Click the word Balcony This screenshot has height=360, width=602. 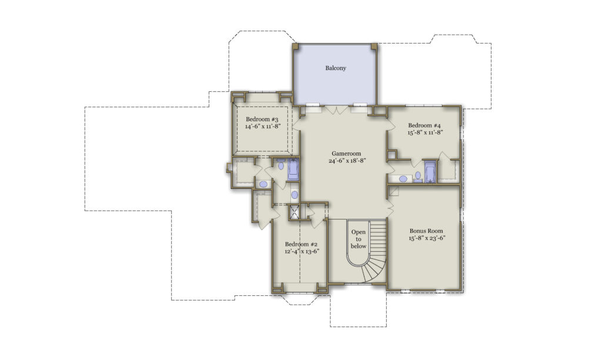tap(336, 68)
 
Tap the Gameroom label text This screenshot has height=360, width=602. tap(345, 154)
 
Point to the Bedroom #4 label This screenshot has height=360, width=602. tap(424, 125)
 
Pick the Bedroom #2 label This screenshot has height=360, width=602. tap(301, 245)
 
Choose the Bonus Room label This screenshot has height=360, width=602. tap(426, 231)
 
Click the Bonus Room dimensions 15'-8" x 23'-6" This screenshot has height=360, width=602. tap(426, 239)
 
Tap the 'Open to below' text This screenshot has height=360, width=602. tap(359, 239)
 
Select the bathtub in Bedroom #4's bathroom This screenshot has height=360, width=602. tap(430, 172)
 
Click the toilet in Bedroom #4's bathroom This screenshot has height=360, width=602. tap(418, 176)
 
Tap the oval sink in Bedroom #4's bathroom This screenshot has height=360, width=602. tap(403, 178)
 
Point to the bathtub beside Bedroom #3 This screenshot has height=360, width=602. tap(293, 169)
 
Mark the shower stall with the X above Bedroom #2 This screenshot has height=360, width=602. tap(295, 212)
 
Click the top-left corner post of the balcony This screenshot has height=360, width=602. tap(295, 46)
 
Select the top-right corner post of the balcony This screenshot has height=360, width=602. tap(374, 46)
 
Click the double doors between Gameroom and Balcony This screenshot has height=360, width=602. tap(336, 110)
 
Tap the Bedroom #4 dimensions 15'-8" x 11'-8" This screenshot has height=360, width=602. tap(424, 133)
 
